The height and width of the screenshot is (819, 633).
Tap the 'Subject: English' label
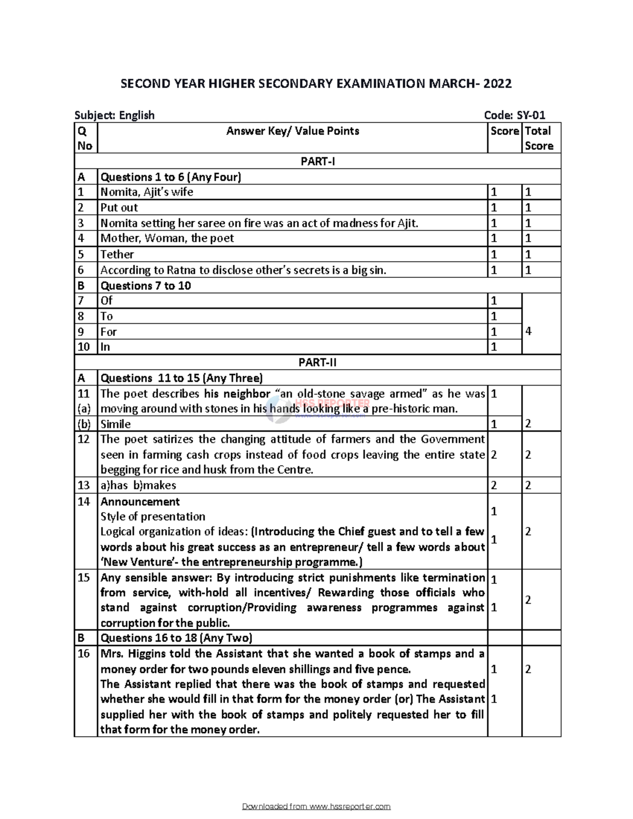click(114, 115)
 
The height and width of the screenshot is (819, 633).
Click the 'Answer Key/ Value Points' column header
click(292, 131)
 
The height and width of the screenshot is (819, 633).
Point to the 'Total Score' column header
click(538, 139)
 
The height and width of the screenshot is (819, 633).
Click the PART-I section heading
click(317, 161)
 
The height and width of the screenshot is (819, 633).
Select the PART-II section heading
click(317, 363)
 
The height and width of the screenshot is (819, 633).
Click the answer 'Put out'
click(119, 208)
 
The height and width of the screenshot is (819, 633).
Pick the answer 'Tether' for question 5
click(117, 255)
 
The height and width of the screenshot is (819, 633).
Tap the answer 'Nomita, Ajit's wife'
click(147, 192)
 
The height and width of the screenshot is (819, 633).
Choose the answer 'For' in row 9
click(109, 332)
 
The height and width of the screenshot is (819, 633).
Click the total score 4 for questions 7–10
click(529, 331)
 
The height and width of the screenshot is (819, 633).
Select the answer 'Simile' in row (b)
click(116, 424)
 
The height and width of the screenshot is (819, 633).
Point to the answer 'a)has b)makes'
click(138, 485)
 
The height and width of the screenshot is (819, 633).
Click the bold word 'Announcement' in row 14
click(140, 502)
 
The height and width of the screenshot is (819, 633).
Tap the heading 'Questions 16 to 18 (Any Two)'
click(176, 638)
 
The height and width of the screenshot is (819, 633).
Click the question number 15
click(84, 578)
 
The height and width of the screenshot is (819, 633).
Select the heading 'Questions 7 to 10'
click(146, 286)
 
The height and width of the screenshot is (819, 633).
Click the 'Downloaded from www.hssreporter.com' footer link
click(316, 807)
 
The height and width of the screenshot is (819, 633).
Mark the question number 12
click(84, 439)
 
